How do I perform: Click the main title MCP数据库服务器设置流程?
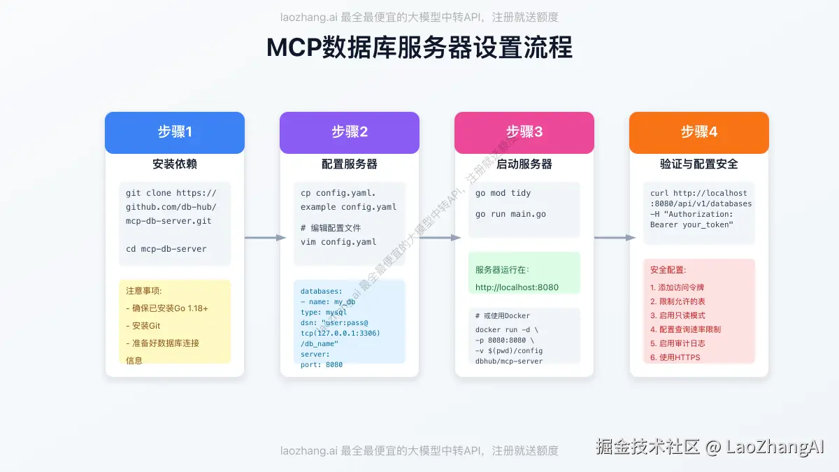(x=419, y=48)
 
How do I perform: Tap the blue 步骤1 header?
(x=175, y=132)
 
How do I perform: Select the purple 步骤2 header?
(x=350, y=132)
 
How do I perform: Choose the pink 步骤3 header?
(x=524, y=132)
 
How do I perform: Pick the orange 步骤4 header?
(x=699, y=132)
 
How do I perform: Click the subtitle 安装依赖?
(x=175, y=164)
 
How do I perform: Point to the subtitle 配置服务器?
(x=350, y=164)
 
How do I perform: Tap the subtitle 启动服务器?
(x=524, y=164)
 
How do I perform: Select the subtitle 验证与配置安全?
(x=699, y=164)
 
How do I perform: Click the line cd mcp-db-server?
(x=166, y=249)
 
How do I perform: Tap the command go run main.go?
(x=510, y=214)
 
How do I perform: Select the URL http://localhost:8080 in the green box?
(x=517, y=287)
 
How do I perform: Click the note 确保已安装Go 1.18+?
(x=167, y=308)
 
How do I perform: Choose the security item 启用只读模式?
(x=677, y=315)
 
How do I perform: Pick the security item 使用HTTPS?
(x=675, y=357)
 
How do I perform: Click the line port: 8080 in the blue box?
(x=322, y=364)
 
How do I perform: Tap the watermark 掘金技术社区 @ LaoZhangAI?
(x=710, y=447)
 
